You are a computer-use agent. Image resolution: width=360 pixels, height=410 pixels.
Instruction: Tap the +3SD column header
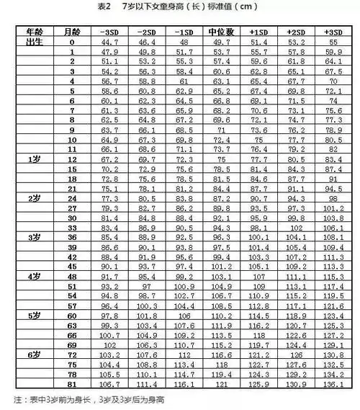333,34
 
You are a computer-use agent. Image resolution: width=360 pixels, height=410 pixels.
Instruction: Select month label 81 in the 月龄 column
72,386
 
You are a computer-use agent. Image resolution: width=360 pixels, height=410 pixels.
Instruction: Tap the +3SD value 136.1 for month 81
333,386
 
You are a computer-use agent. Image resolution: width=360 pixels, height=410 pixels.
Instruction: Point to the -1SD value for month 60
184,316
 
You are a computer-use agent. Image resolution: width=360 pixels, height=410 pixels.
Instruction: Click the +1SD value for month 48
258,276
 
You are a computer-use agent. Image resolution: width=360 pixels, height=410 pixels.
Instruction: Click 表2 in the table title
102,7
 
